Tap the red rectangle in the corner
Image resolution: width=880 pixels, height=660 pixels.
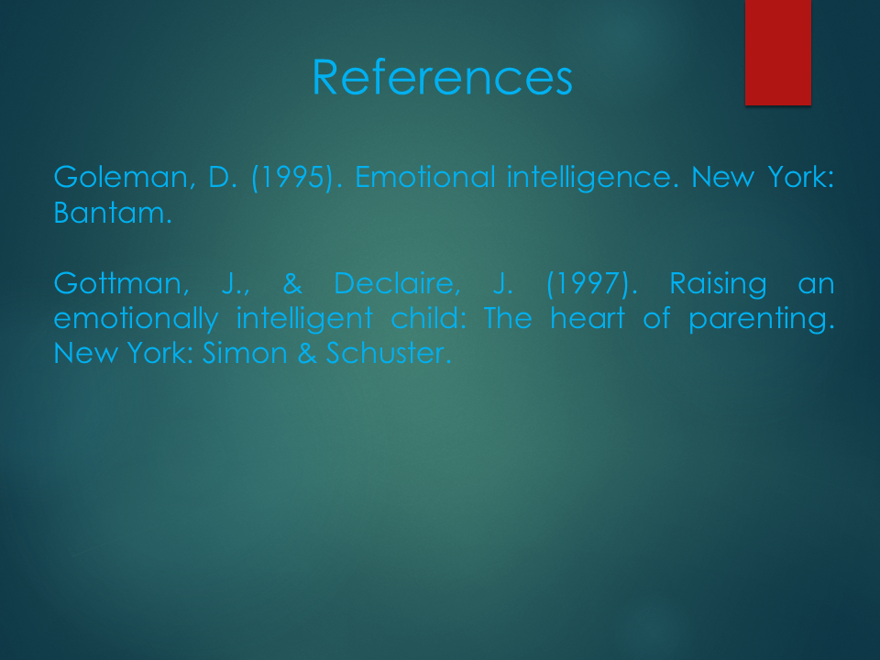778,52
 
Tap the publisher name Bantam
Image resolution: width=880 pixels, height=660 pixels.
112,213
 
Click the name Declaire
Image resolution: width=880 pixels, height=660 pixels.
397,283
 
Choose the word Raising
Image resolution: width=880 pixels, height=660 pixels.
719,284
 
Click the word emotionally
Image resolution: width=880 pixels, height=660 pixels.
136,319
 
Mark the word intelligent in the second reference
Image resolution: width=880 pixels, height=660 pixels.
304,319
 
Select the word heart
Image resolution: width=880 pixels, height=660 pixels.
587,318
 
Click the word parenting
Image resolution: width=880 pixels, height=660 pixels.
762,319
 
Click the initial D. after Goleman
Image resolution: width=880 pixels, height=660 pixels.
223,177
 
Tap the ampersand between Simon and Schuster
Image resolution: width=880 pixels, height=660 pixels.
307,354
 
